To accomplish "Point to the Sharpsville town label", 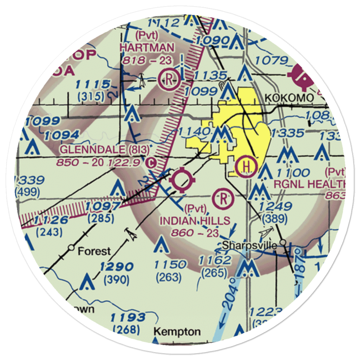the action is pyautogui.click(x=249, y=246).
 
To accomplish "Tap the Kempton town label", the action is pyautogui.click(x=177, y=331).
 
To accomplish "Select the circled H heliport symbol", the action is pyautogui.click(x=246, y=166).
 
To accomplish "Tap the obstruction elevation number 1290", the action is pyautogui.click(x=117, y=267).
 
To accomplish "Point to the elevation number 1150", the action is pyautogui.click(x=170, y=265).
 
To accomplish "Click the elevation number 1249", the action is pyautogui.click(x=274, y=206).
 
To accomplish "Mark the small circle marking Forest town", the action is pyautogui.click(x=71, y=248).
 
